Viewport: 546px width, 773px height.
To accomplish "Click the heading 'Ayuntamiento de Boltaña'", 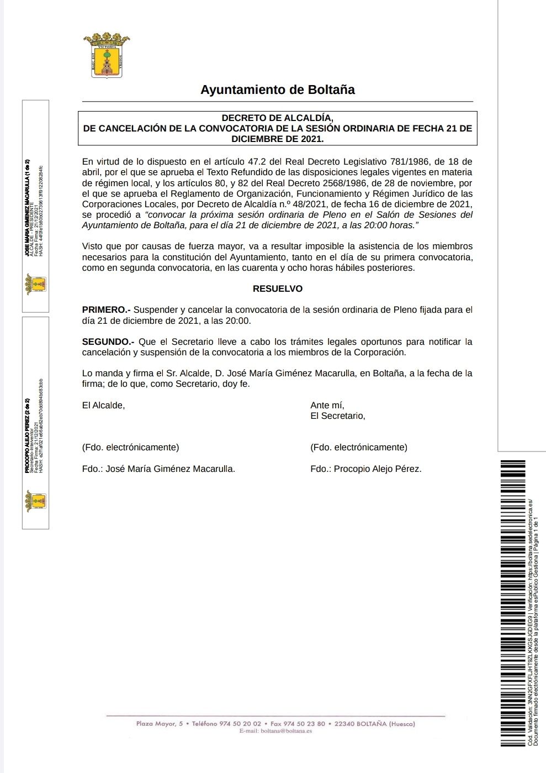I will tap(277, 90).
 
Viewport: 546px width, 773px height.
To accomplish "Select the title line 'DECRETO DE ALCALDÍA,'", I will tap(277, 118).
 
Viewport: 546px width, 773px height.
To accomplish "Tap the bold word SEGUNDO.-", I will tap(108, 341).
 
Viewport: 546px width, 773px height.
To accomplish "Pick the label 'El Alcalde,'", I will tap(103, 405).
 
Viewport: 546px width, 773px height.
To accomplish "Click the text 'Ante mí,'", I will tap(327, 405).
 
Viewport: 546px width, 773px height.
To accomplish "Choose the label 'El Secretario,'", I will tap(337, 416).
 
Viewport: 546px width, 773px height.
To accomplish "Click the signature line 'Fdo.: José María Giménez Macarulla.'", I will tap(158, 469).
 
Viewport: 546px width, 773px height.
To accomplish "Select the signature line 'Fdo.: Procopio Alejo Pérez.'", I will tap(365, 469).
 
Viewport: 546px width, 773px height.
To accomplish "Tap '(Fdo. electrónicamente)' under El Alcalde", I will tap(130, 447).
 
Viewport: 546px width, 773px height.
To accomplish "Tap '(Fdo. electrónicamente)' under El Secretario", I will tap(359, 447).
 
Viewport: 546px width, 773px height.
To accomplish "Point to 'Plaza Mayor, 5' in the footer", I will tap(159, 723).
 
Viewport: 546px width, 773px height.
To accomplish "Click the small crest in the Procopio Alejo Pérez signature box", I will tap(35, 501).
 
